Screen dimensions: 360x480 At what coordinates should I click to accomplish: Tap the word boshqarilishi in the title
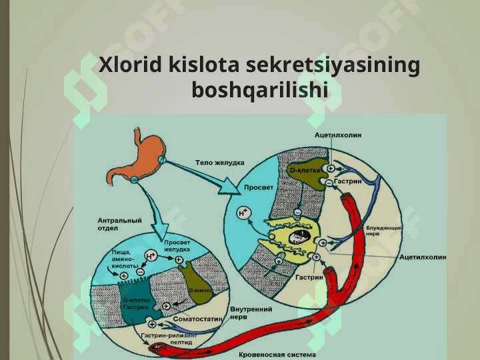pos(260,89)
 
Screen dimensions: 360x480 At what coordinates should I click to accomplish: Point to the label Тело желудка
pos(219,162)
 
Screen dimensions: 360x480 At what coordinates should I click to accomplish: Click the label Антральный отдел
pos(119,223)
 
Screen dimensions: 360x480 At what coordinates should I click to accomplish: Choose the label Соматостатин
pos(198,319)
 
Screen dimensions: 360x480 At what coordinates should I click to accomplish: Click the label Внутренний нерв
pos(251,313)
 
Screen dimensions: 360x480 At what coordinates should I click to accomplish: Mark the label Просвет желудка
pos(176,245)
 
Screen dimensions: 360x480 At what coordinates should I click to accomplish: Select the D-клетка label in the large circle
pos(305,171)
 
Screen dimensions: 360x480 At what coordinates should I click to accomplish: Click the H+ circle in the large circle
pos(244,213)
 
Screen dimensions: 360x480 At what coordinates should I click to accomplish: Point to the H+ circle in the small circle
pos(151,255)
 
